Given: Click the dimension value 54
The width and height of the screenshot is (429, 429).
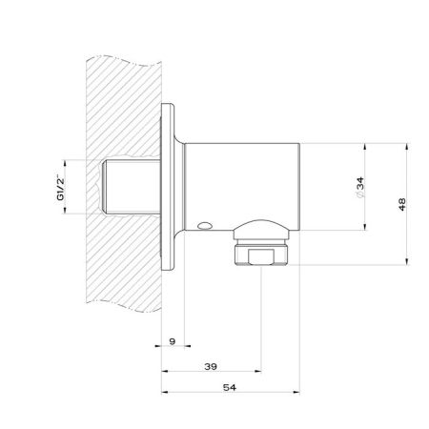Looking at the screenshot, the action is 230,387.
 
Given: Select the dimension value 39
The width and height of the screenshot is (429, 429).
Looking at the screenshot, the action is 211,366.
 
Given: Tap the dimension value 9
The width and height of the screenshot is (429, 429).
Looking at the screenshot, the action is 173,341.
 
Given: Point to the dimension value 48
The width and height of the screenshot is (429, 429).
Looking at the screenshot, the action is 402,204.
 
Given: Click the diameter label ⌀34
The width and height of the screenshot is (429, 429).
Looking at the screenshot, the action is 360,188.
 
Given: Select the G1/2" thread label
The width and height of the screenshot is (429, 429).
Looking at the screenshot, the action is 60,188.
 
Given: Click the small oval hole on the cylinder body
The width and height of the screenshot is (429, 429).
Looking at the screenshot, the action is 204,226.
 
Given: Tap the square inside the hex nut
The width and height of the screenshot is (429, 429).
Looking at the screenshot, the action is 261,256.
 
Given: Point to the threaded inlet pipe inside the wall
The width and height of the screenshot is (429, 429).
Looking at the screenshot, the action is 132,187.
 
